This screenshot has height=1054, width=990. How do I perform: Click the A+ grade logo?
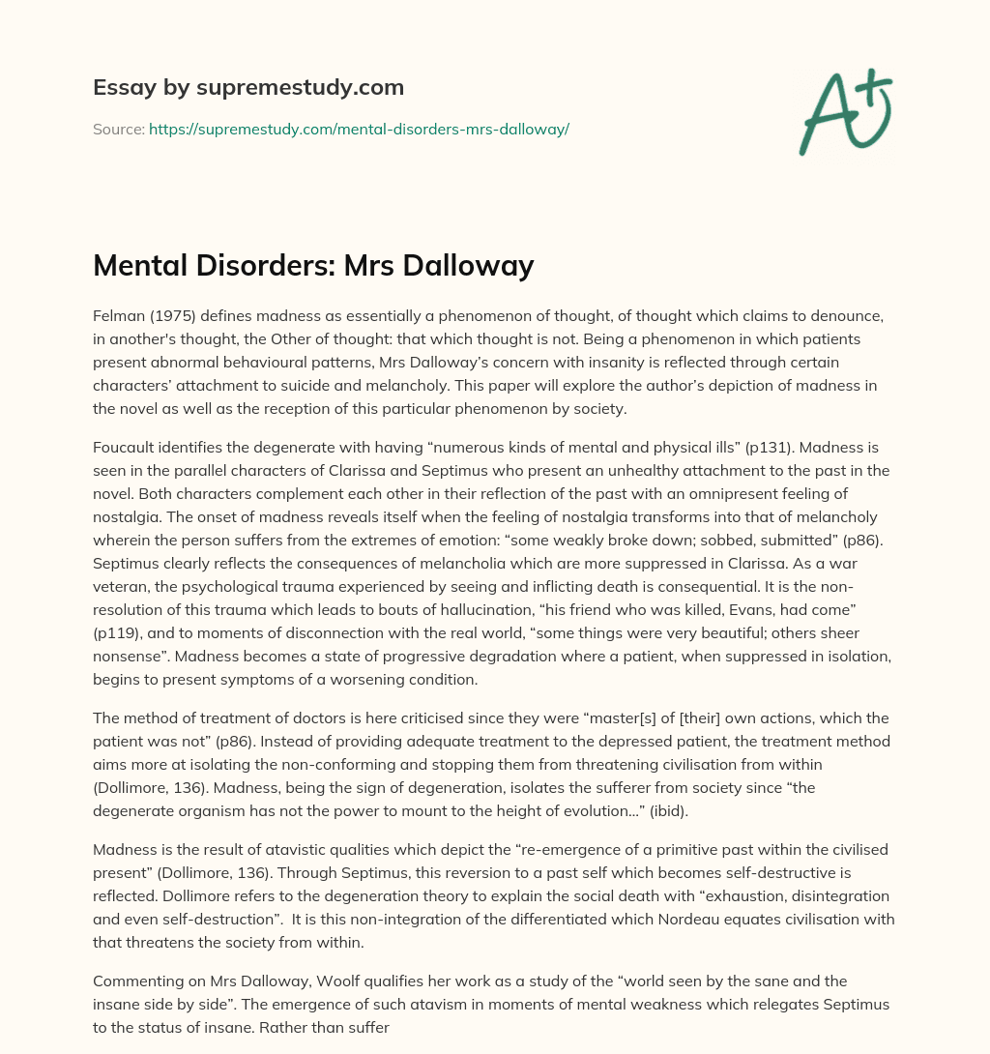[845, 110]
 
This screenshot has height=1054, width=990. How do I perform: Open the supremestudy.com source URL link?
[359, 129]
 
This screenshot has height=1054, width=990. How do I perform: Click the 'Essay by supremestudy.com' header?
[248, 88]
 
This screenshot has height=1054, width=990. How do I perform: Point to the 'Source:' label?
[119, 129]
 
